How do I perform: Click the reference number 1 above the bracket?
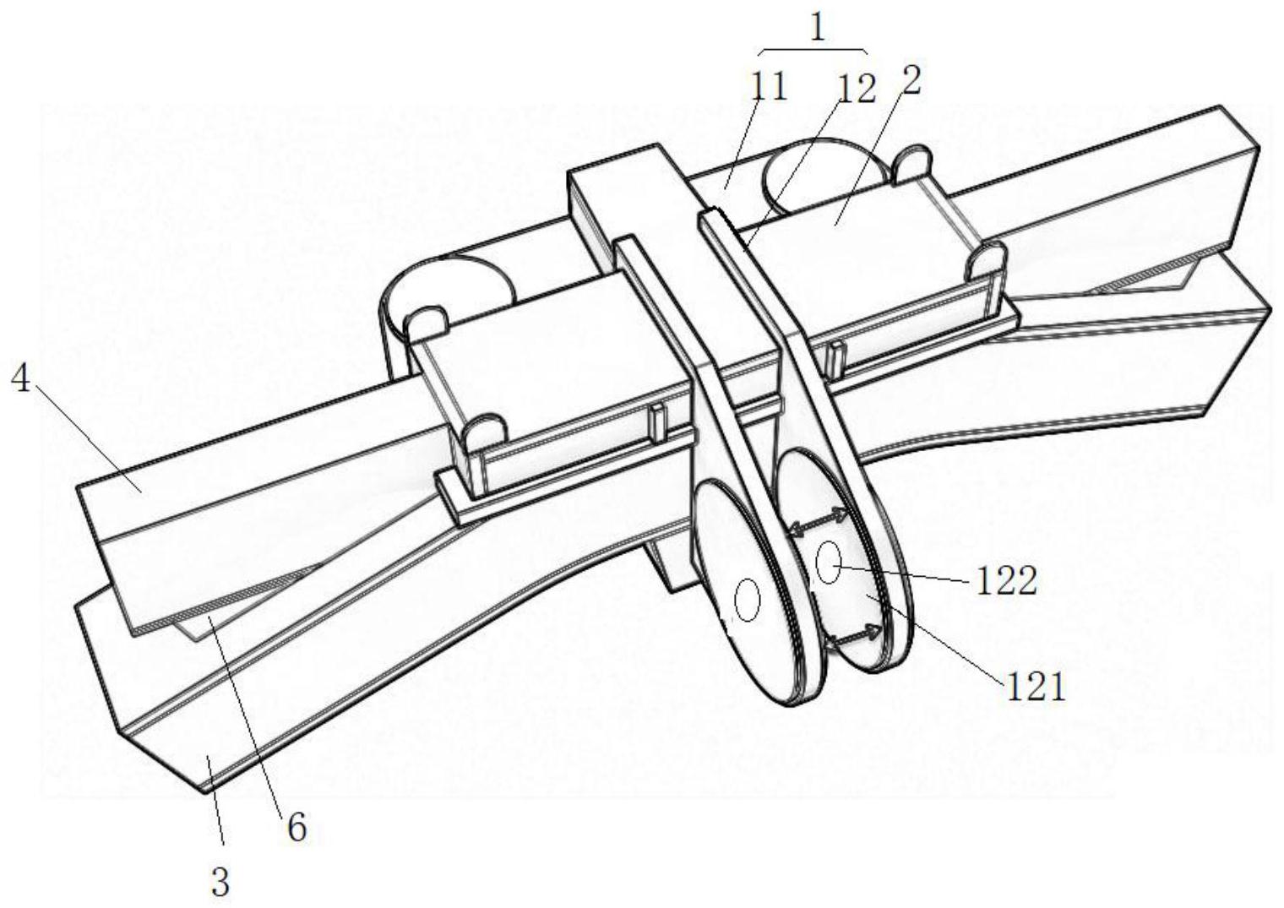(x=818, y=28)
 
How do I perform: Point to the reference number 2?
(x=909, y=80)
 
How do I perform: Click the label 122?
(x=1007, y=582)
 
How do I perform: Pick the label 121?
(x=1036, y=688)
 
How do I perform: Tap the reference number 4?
(x=22, y=379)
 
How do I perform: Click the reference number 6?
(x=297, y=827)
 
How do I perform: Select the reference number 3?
(x=220, y=882)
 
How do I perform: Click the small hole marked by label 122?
(x=829, y=562)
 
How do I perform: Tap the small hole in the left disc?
(x=748, y=601)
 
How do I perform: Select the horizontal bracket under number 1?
(x=813, y=51)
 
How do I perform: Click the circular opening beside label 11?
(x=824, y=177)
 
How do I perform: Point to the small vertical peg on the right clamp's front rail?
(x=838, y=357)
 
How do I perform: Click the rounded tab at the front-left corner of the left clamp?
(x=485, y=433)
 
